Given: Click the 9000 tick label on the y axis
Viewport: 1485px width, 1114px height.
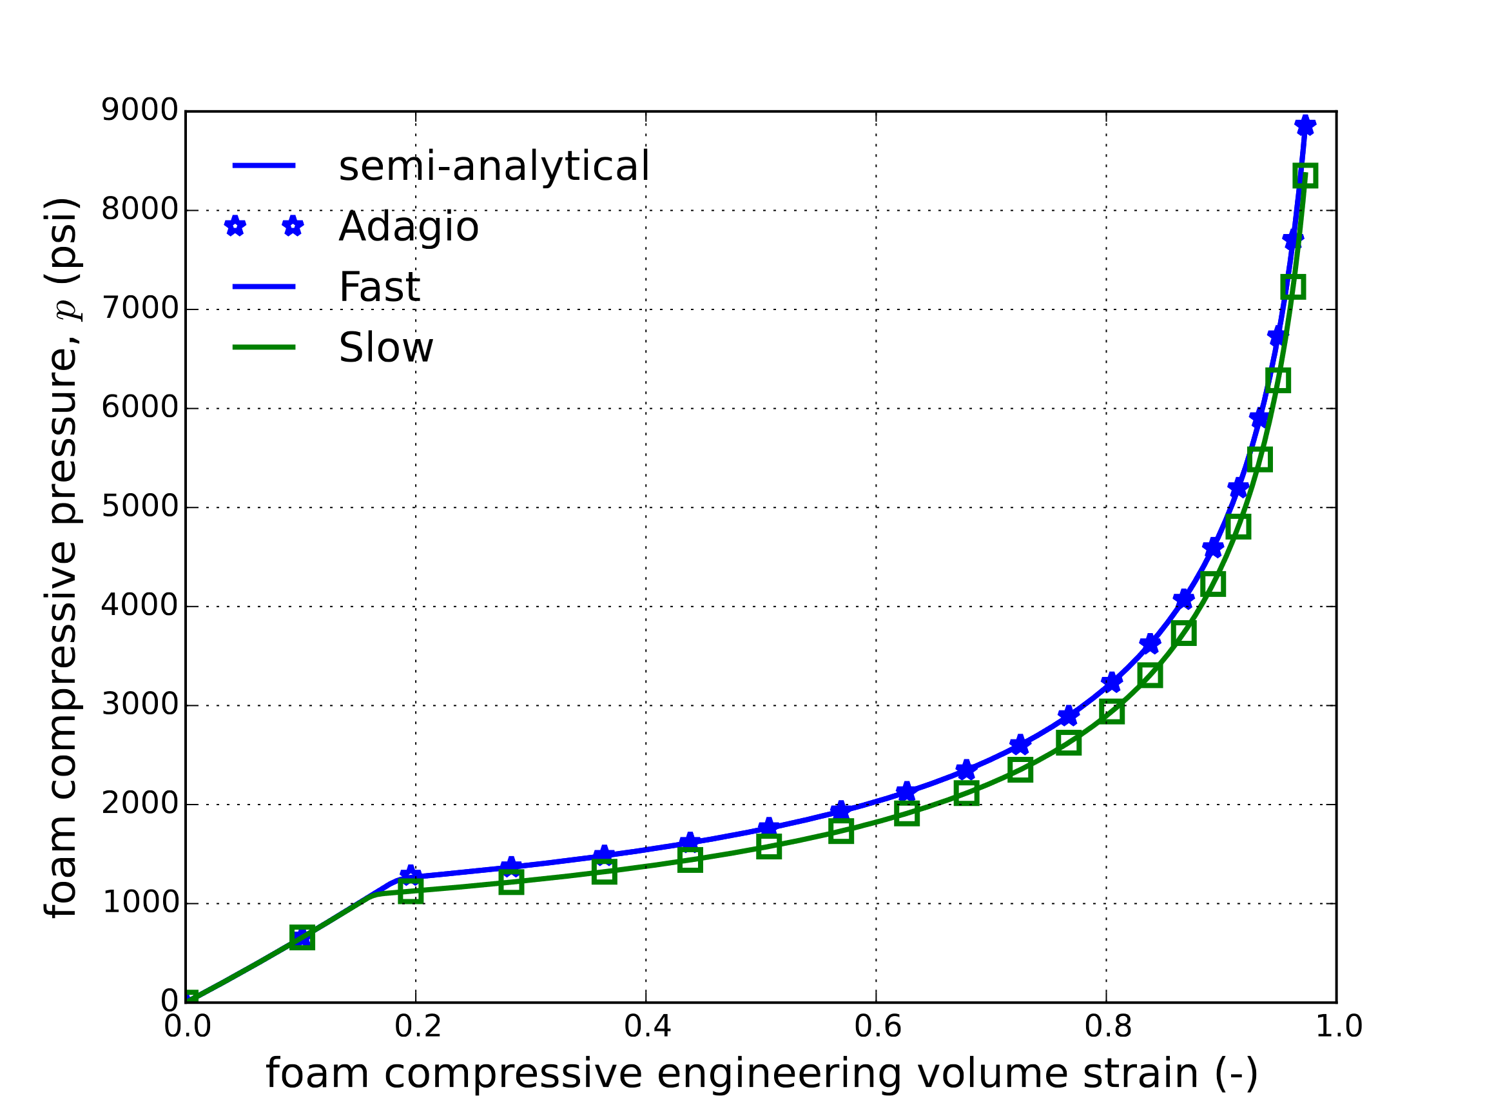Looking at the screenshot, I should click(x=140, y=111).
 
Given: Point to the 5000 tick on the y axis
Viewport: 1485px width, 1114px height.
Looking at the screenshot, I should click(x=140, y=507).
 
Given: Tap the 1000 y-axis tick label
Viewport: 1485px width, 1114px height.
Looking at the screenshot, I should click(x=140, y=903).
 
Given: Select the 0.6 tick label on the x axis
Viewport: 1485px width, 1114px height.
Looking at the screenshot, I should click(x=877, y=1027).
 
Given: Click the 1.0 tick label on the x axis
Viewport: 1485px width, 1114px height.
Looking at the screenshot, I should click(x=1338, y=1027).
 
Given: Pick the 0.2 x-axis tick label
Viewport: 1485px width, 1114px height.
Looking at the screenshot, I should click(x=417, y=1027).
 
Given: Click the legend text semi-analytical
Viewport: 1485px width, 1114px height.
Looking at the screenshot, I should click(x=494, y=166).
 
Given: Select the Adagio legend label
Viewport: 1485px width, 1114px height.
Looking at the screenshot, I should click(x=409, y=227).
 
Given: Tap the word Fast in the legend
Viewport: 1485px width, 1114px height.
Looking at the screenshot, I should click(x=379, y=288).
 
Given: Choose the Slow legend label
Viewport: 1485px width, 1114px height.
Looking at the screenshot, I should click(x=386, y=348).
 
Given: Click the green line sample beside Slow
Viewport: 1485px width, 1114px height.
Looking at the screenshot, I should click(x=264, y=347).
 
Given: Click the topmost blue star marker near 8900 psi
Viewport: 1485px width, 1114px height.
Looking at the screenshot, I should click(x=1305, y=126).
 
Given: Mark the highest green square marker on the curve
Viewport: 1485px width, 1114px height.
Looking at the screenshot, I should click(x=1305, y=177).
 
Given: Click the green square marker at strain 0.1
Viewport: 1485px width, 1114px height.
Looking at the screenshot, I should click(x=302, y=937).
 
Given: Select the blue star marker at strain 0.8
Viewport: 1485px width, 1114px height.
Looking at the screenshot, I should click(x=1112, y=682).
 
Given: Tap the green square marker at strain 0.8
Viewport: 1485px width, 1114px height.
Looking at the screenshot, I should click(x=1112, y=712).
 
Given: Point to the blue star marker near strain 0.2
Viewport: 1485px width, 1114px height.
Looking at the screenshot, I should click(x=411, y=875).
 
